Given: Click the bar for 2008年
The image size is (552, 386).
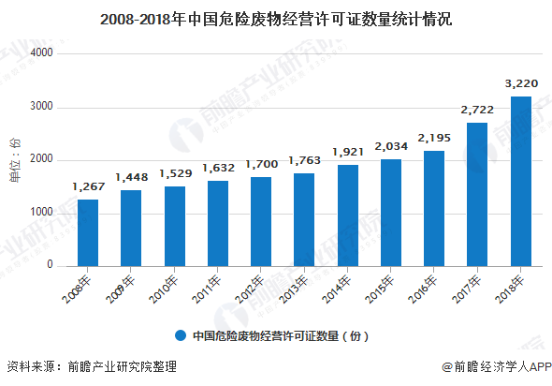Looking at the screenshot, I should tap(88, 232).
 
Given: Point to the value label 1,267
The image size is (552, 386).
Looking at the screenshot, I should tap(88, 186).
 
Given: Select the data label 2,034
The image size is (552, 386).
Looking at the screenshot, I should tap(390, 146).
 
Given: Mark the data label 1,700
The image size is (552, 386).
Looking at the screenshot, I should tap(261, 164).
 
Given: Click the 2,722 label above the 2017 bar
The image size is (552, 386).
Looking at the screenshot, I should tap(476, 110).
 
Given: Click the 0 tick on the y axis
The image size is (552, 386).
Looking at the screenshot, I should tap(49, 265).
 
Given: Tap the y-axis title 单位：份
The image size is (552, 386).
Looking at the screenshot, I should tap(14, 159).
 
